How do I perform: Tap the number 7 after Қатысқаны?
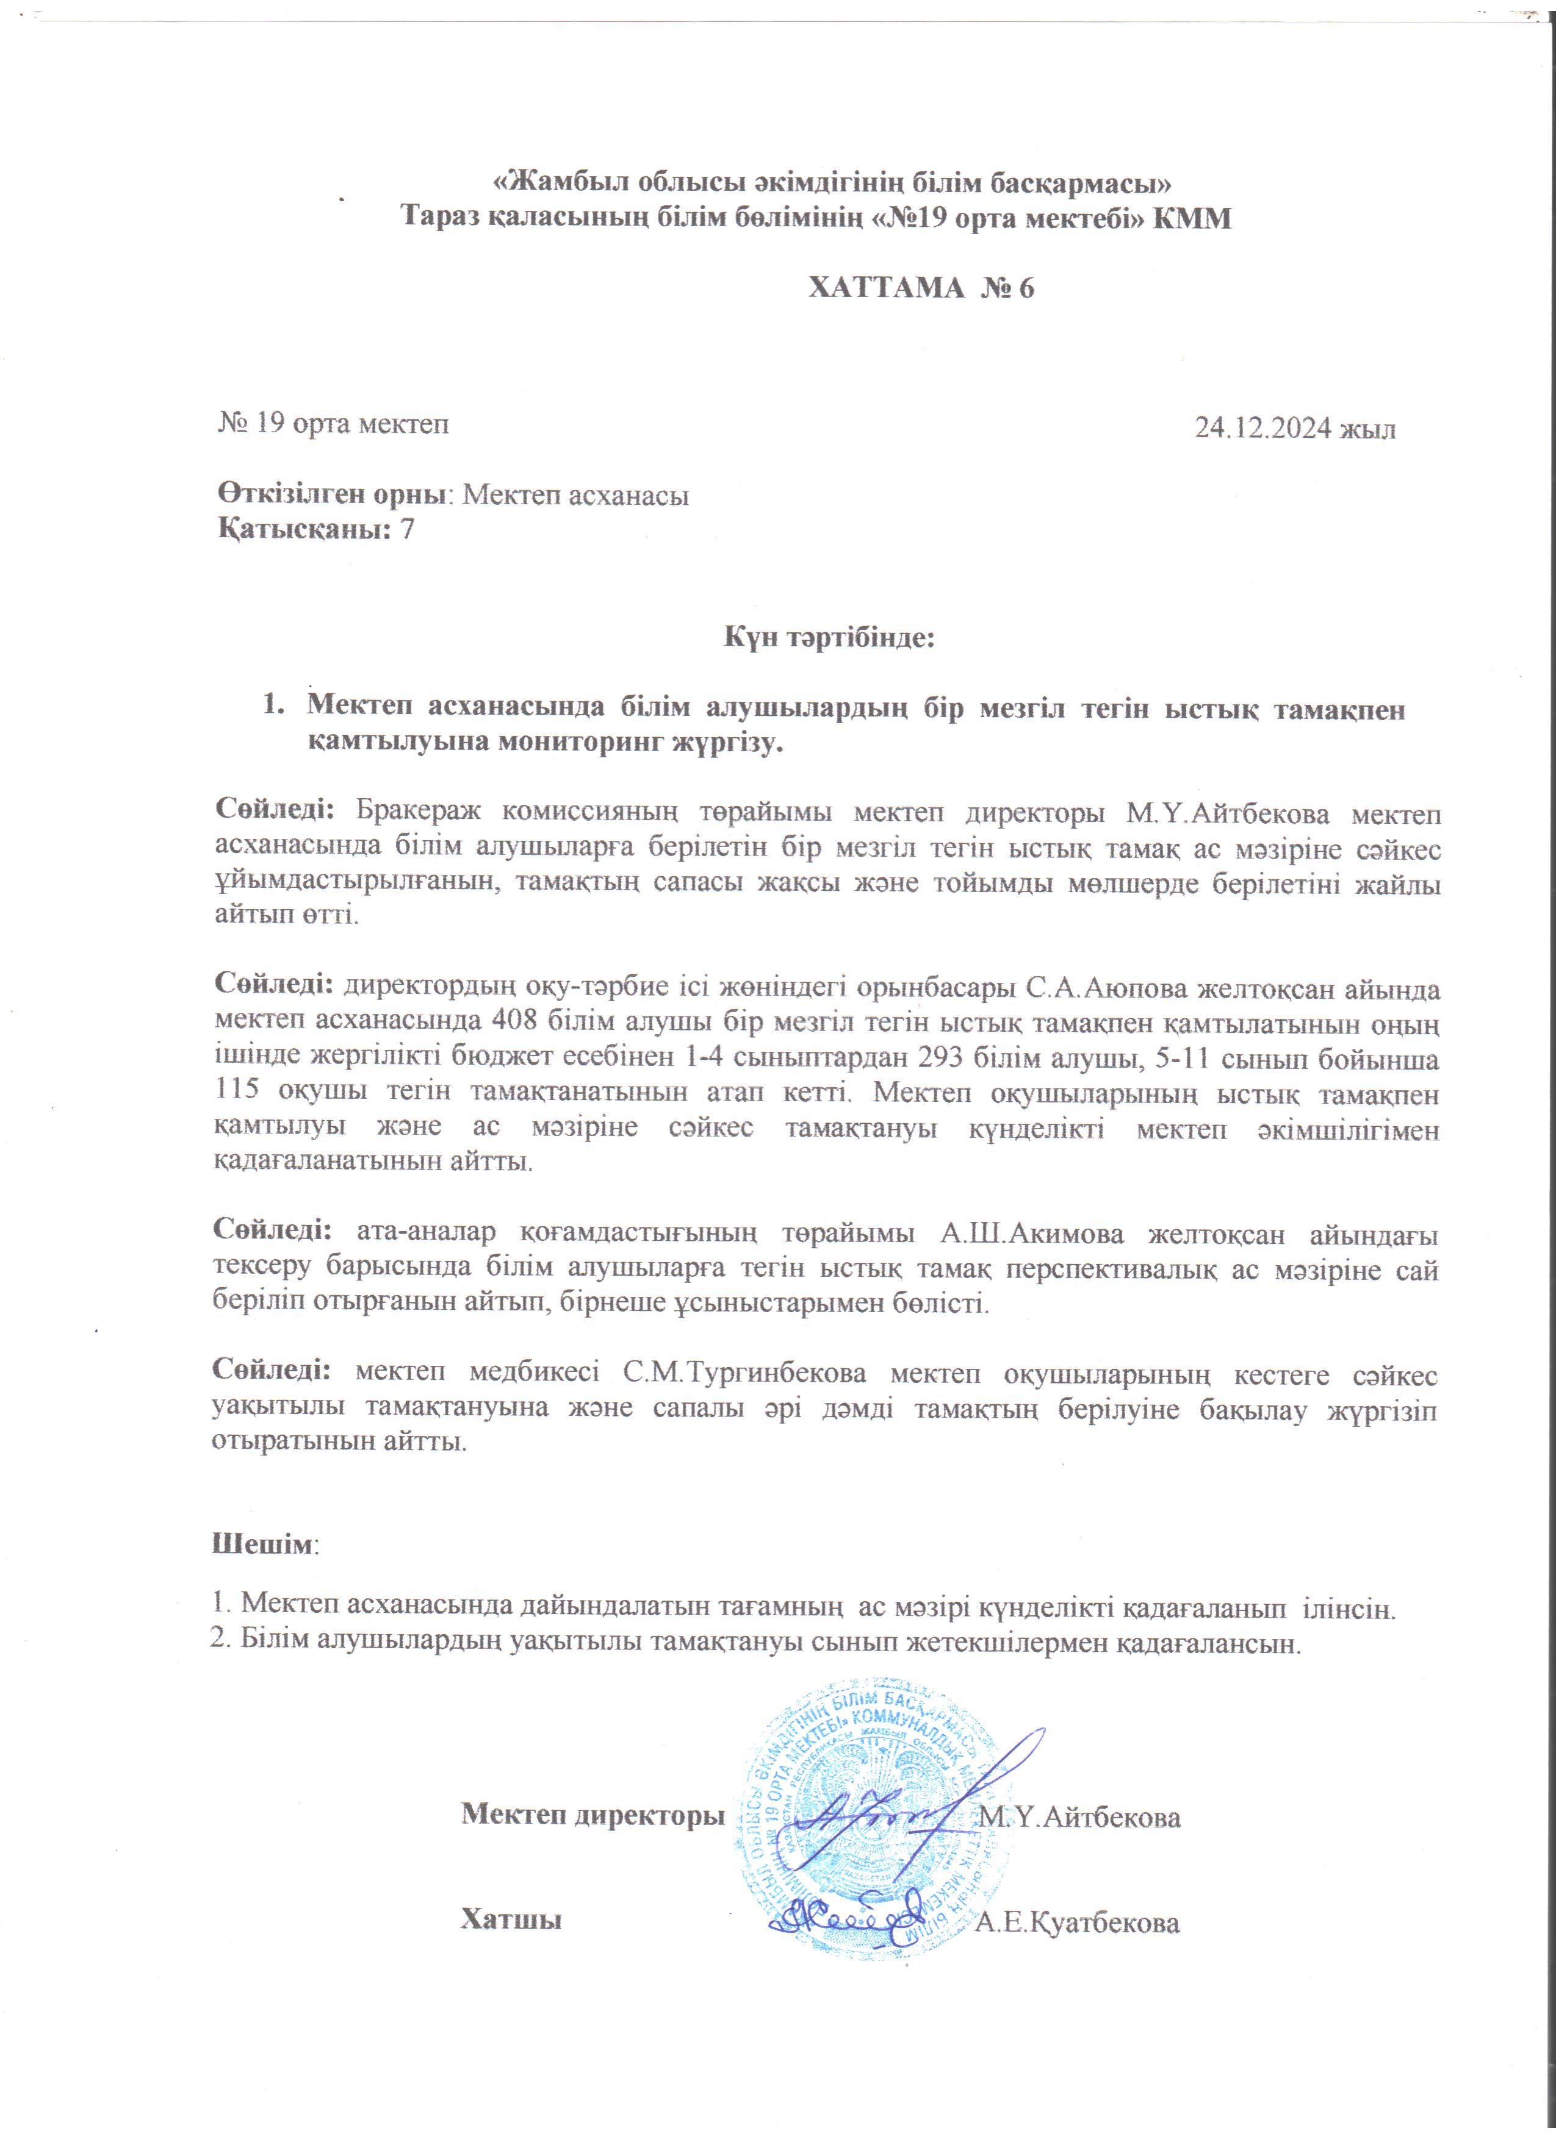(408, 530)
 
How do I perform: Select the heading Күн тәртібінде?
(829, 638)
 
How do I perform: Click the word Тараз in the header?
(444, 218)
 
